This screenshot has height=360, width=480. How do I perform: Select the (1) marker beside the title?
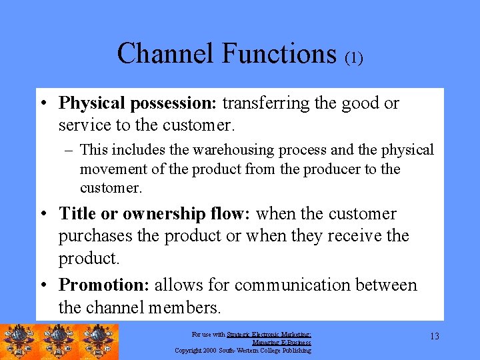coord(353,59)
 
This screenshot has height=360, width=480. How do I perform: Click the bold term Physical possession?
coord(138,103)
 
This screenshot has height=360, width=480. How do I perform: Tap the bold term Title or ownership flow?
coord(155,214)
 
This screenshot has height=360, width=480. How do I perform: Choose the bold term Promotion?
coord(104,285)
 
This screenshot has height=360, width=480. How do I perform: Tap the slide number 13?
coord(434,337)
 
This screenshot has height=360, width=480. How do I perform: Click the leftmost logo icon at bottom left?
coord(19,341)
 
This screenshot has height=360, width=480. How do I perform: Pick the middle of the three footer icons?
coord(59,341)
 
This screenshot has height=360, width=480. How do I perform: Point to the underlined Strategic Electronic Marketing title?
coord(269,335)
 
